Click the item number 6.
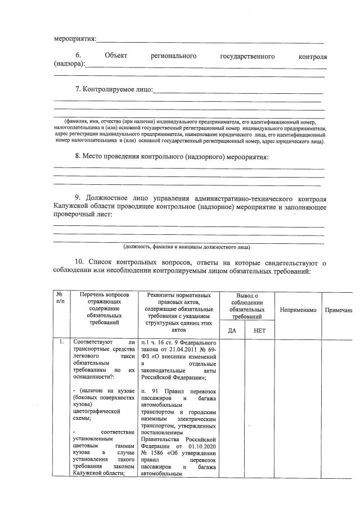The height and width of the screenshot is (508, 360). (x=78, y=57)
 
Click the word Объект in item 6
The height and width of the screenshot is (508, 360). (x=116, y=57)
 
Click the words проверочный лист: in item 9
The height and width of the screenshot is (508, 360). (x=83, y=214)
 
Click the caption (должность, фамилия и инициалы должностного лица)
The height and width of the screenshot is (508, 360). (x=187, y=247)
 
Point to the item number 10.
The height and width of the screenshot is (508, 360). (x=79, y=262)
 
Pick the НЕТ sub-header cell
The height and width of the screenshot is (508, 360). (x=259, y=330)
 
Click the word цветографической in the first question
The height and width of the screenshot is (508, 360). (x=98, y=411)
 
